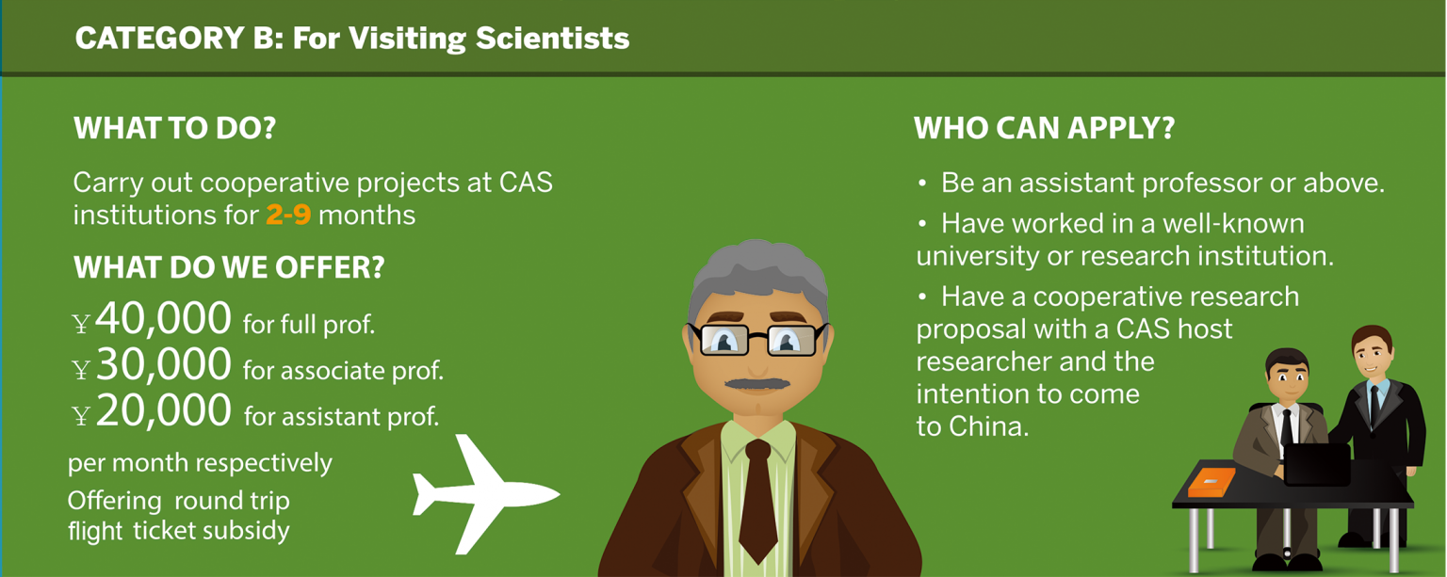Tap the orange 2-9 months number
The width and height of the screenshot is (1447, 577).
287,215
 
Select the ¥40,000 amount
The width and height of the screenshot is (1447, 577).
153,320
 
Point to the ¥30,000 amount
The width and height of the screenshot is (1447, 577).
153,366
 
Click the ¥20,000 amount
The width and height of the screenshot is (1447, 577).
153,412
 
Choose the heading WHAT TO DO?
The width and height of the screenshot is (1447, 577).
174,128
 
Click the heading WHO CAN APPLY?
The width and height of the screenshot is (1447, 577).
1044,128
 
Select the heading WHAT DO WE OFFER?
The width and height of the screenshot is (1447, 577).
229,267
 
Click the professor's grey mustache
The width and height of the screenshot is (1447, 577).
757,384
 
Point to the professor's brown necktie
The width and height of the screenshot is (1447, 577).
757,499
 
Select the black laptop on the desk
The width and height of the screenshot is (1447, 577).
1317,464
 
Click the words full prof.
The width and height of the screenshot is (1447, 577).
309,326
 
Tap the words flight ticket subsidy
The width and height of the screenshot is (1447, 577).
178,531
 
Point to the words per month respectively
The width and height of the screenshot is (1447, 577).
200,463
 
